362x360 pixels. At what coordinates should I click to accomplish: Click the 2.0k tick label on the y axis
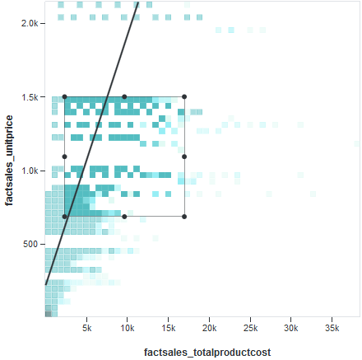tap(30, 23)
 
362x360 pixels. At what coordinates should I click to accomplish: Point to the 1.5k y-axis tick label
tap(30, 97)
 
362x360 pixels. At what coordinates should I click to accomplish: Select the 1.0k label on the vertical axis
tap(30, 171)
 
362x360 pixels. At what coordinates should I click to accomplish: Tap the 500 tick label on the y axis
tap(31, 244)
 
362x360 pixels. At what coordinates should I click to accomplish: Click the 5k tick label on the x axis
tap(87, 327)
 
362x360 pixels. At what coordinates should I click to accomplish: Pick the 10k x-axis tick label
tap(128, 327)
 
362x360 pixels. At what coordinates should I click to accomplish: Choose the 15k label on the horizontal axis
tap(169, 327)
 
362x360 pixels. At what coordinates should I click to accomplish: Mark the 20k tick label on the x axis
tap(209, 327)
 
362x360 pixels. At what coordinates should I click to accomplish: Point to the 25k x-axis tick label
tap(250, 327)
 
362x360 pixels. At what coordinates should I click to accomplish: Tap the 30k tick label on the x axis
tap(290, 327)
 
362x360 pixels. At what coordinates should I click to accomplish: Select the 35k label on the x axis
tap(332, 327)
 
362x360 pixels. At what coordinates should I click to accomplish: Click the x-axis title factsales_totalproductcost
tap(207, 352)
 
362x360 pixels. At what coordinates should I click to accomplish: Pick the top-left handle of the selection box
tap(64, 96)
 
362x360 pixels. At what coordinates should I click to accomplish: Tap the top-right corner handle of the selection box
tap(184, 96)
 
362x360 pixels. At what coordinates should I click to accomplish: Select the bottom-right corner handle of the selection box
tap(184, 217)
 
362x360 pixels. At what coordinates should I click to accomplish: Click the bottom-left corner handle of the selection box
tap(64, 217)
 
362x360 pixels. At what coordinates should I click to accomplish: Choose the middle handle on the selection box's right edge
tap(184, 157)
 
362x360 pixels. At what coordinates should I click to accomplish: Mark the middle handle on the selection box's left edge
tap(64, 157)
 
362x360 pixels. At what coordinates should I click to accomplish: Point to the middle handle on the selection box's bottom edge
tap(124, 217)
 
